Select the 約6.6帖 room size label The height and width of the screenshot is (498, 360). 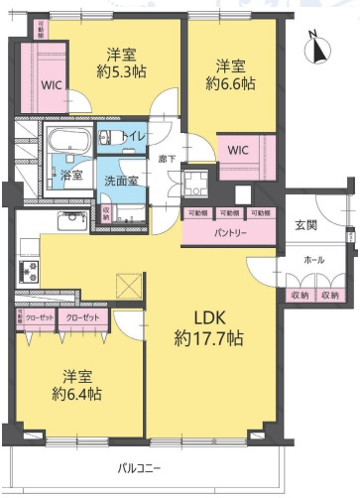click(x=231, y=85)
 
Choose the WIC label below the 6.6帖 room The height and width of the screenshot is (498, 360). click(x=239, y=151)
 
